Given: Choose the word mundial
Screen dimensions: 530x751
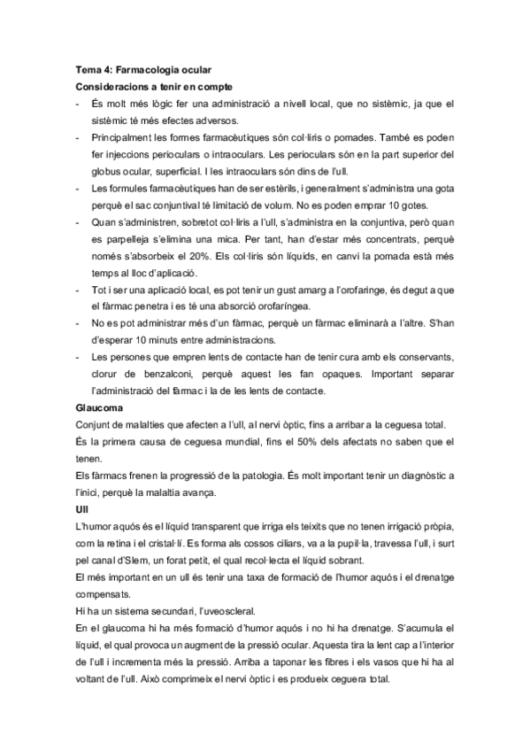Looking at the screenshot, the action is pos(256,442).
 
